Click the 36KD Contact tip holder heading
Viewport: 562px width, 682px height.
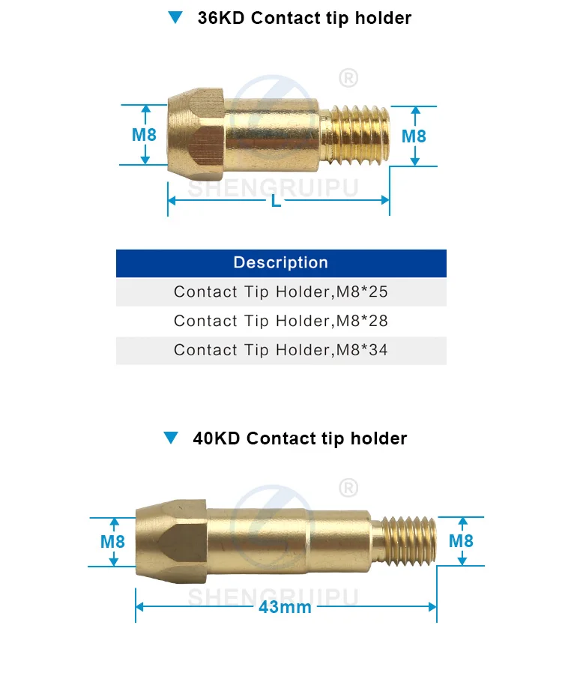pyautogui.click(x=303, y=18)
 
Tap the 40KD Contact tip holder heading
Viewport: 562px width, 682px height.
pyautogui.click(x=299, y=438)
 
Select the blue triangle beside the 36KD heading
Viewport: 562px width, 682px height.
pyautogui.click(x=176, y=18)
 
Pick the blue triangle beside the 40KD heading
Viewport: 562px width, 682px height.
pyautogui.click(x=172, y=438)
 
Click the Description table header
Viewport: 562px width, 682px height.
pyautogui.click(x=281, y=263)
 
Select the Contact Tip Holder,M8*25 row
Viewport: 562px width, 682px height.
pyautogui.click(x=281, y=292)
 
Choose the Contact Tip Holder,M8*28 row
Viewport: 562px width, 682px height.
pyautogui.click(x=281, y=321)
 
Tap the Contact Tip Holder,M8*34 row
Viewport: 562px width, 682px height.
pyautogui.click(x=281, y=350)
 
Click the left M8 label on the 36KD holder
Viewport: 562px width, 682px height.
pyautogui.click(x=144, y=135)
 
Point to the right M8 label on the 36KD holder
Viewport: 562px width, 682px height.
pyautogui.click(x=414, y=136)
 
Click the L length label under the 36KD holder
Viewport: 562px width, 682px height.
pyautogui.click(x=277, y=202)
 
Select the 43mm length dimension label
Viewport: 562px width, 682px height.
pyautogui.click(x=285, y=607)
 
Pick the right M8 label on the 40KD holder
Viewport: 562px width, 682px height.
pyautogui.click(x=460, y=541)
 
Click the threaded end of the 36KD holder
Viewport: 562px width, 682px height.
pyautogui.click(x=358, y=134)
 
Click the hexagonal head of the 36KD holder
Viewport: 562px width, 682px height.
pyautogui.click(x=196, y=133)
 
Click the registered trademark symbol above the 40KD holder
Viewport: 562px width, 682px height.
pyautogui.click(x=348, y=488)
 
